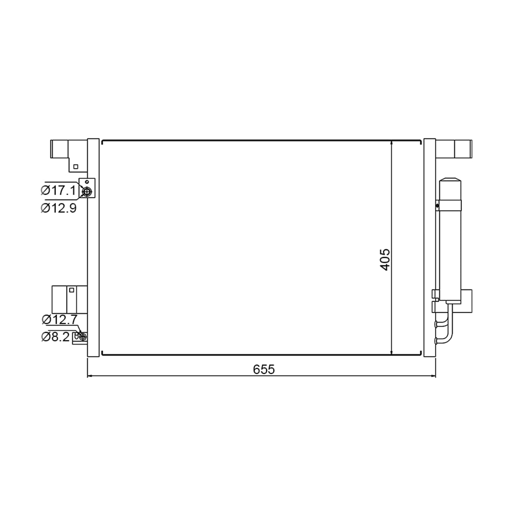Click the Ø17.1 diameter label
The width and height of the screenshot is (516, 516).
[58, 190]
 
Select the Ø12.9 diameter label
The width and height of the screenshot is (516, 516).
[58, 208]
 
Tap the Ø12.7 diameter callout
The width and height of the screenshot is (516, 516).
[59, 319]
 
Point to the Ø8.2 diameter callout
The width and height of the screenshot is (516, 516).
[55, 337]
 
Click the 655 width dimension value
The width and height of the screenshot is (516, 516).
[264, 369]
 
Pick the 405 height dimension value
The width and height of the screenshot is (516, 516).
[385, 260]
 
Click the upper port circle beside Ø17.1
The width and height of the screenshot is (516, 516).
[87, 191]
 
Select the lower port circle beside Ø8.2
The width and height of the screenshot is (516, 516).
[83, 337]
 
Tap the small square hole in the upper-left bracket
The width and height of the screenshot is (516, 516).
[76, 166]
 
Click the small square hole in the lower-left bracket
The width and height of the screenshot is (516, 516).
[71, 290]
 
